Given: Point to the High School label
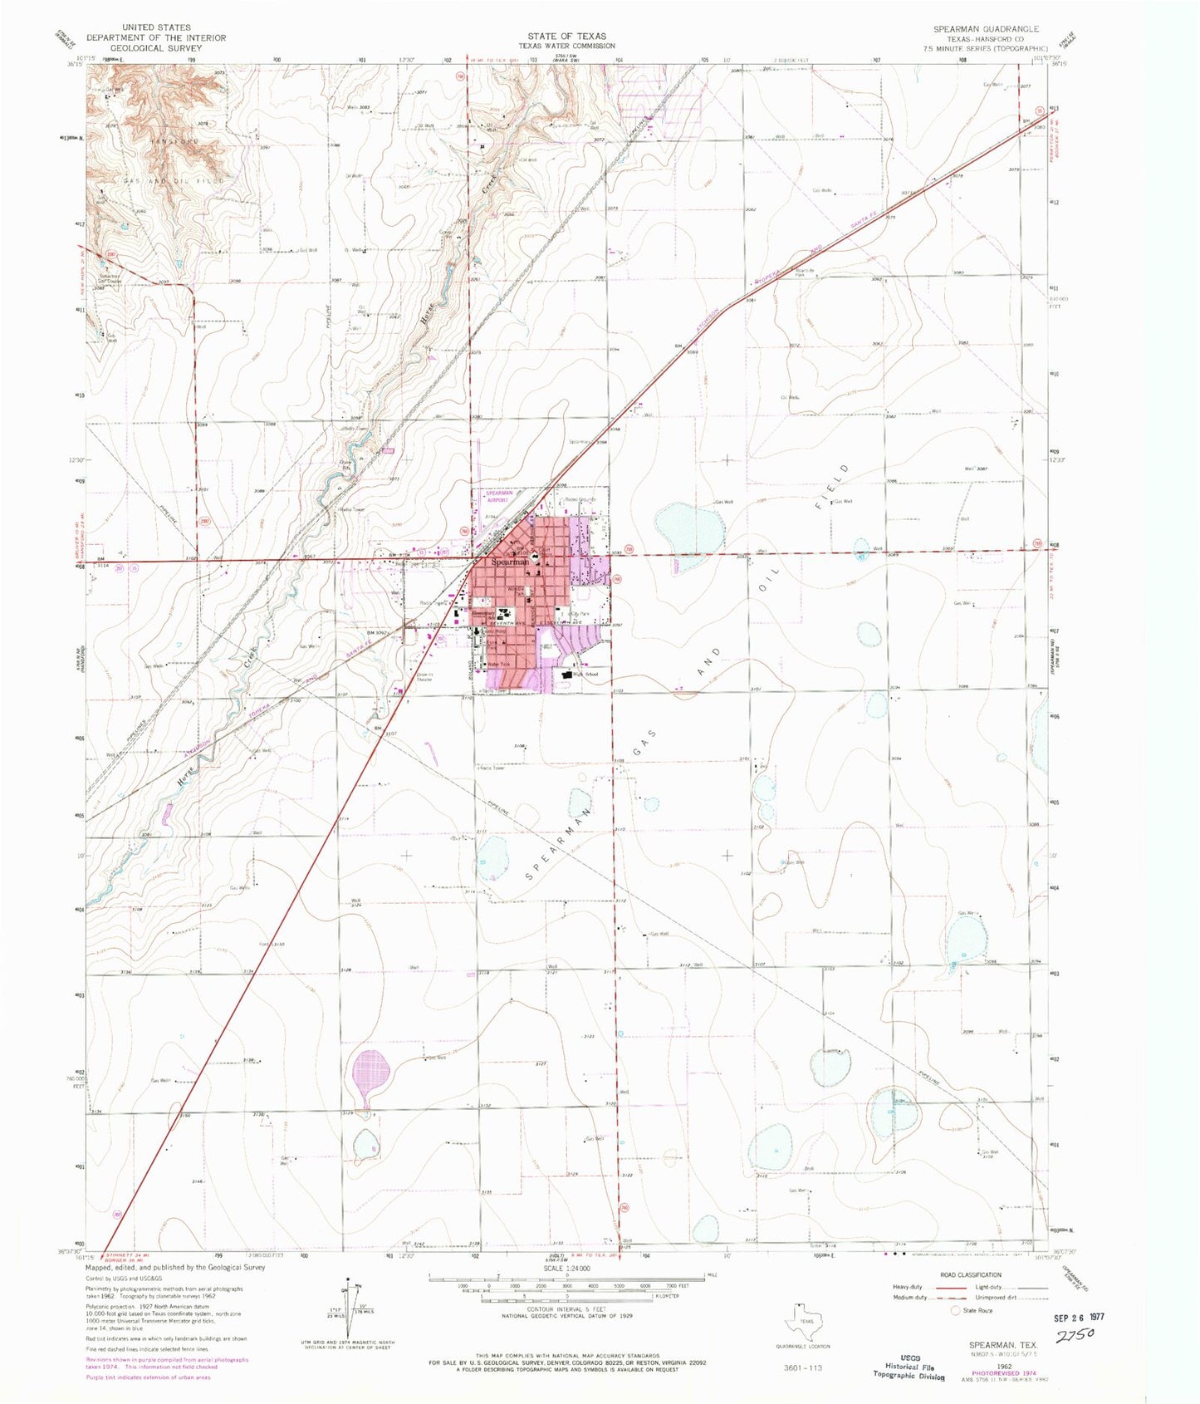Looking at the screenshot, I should [586, 674].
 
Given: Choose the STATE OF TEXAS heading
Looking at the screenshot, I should [566, 36].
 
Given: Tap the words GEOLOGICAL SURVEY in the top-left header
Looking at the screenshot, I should [156, 48].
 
